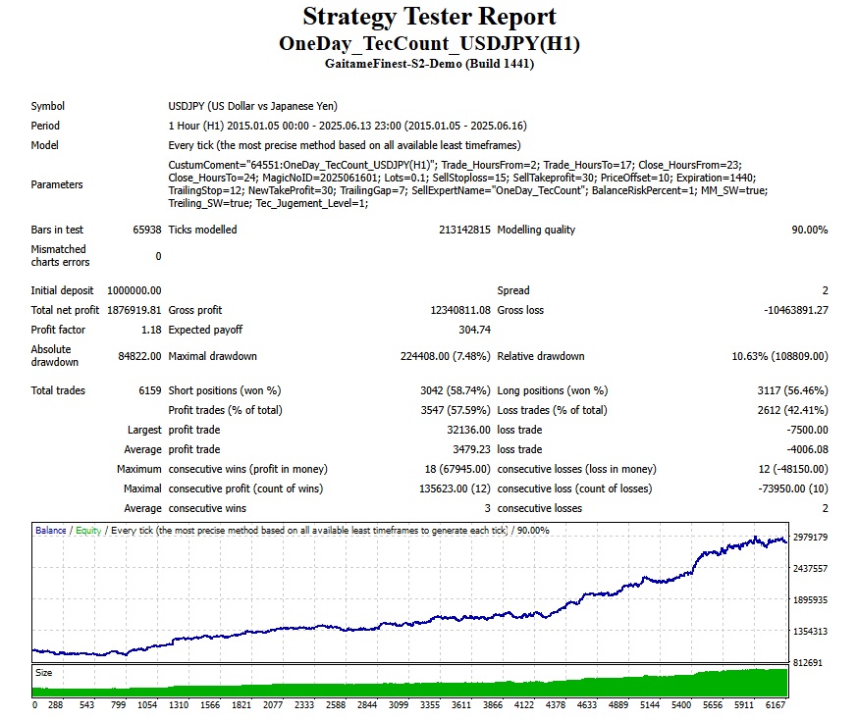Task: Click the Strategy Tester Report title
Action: click(x=429, y=18)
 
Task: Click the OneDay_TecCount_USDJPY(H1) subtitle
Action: click(x=429, y=44)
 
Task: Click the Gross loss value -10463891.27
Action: click(x=782, y=310)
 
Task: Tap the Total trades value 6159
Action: click(x=150, y=390)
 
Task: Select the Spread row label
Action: click(x=513, y=290)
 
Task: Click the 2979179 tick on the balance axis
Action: click(x=812, y=538)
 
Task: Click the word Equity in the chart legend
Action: click(x=88, y=531)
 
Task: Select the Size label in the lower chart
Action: click(x=44, y=674)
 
